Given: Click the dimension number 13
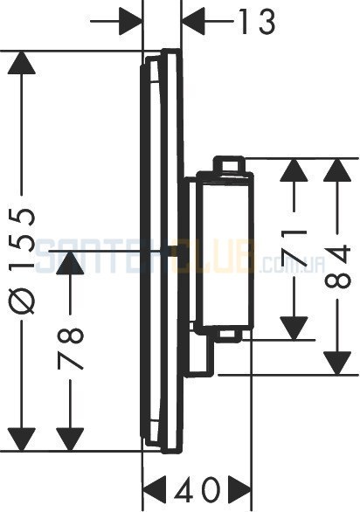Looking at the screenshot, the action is pyautogui.click(x=258, y=22).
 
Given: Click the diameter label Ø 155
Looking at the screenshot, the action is pyautogui.click(x=22, y=261).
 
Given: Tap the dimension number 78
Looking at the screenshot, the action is pyautogui.click(x=71, y=349).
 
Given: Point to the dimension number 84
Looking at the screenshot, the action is pyautogui.click(x=337, y=267).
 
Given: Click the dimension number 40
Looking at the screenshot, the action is pyautogui.click(x=197, y=489).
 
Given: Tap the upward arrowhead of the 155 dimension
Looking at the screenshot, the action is pyautogui.click(x=22, y=63).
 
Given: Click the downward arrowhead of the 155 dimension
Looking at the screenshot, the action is pyautogui.click(x=22, y=439).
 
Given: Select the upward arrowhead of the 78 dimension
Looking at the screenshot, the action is pyautogui.click(x=70, y=263).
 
